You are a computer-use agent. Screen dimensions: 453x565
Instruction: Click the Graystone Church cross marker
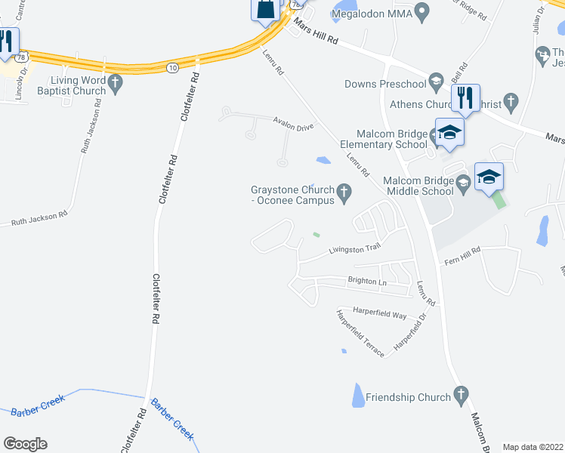click(x=345, y=193)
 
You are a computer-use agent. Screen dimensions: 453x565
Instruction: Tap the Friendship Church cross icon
click(x=462, y=396)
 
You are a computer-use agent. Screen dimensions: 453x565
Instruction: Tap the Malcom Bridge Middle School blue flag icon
click(x=488, y=177)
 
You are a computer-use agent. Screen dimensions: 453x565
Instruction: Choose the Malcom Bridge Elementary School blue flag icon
click(x=449, y=132)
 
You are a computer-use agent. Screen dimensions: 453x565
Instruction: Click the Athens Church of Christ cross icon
click(x=511, y=101)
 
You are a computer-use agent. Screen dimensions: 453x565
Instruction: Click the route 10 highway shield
click(x=173, y=68)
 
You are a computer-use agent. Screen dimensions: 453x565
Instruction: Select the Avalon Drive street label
click(x=294, y=127)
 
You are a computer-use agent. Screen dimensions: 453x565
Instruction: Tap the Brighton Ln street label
click(x=366, y=282)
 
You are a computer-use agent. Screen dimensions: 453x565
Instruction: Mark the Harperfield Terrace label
click(x=361, y=333)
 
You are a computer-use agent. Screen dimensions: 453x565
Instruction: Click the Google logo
click(x=25, y=443)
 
